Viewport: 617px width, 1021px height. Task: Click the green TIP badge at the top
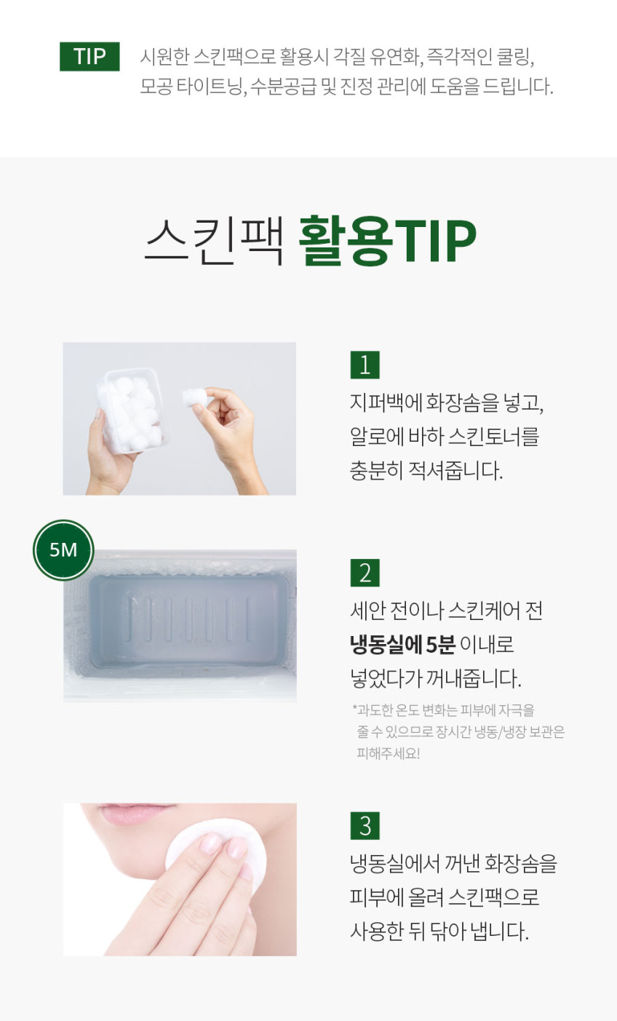coord(89,57)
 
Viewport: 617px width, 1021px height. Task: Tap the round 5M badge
coord(63,549)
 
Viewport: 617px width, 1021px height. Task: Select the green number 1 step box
coord(365,365)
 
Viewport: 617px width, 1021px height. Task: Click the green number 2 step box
coord(365,573)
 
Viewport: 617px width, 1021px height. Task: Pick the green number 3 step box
coord(365,825)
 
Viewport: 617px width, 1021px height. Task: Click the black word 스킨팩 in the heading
coord(215,240)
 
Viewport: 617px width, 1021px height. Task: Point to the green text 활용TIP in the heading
coord(387,240)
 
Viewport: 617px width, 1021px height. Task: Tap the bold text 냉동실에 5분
coord(402,645)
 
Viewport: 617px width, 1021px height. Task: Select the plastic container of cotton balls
coord(131,411)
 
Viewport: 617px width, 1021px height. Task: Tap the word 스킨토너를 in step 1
coord(494,437)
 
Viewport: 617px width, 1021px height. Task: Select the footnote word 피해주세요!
coord(389,753)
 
